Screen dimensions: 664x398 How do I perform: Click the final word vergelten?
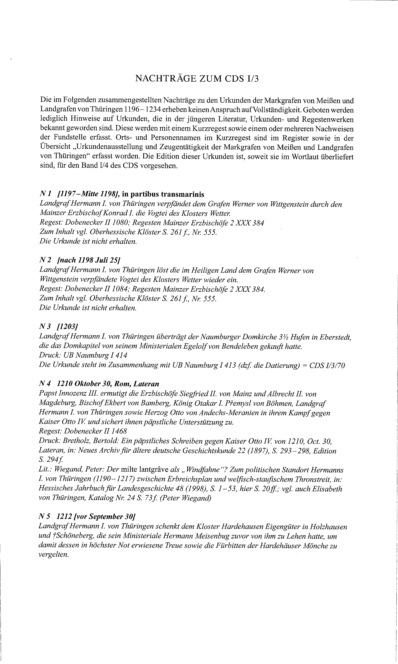pyautogui.click(x=54, y=555)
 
